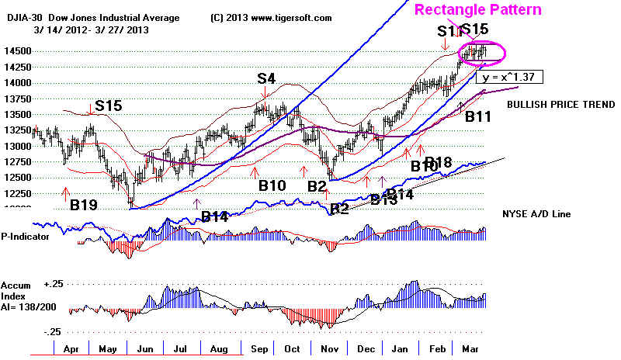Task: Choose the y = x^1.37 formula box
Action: tap(512, 77)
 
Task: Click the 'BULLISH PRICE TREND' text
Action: tap(554, 103)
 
